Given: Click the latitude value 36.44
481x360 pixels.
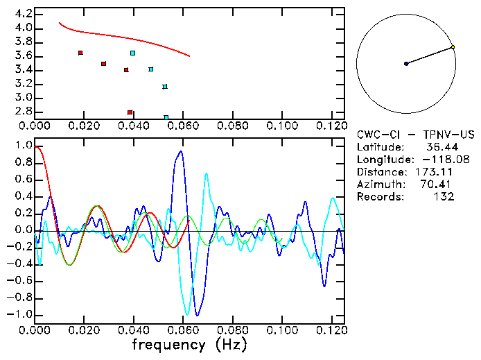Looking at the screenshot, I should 439,147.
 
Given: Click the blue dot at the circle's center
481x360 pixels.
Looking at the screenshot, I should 406,64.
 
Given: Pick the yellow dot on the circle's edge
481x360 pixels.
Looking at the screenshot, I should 453,47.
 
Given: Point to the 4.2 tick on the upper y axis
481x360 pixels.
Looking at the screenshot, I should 23,14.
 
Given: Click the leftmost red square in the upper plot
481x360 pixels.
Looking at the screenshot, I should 80,53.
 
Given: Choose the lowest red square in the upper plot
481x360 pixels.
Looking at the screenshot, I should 130,112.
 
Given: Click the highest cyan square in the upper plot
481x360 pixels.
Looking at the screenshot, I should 132,53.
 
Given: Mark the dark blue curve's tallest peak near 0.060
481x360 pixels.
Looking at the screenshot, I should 181,151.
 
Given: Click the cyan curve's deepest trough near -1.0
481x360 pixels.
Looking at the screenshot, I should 186,314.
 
